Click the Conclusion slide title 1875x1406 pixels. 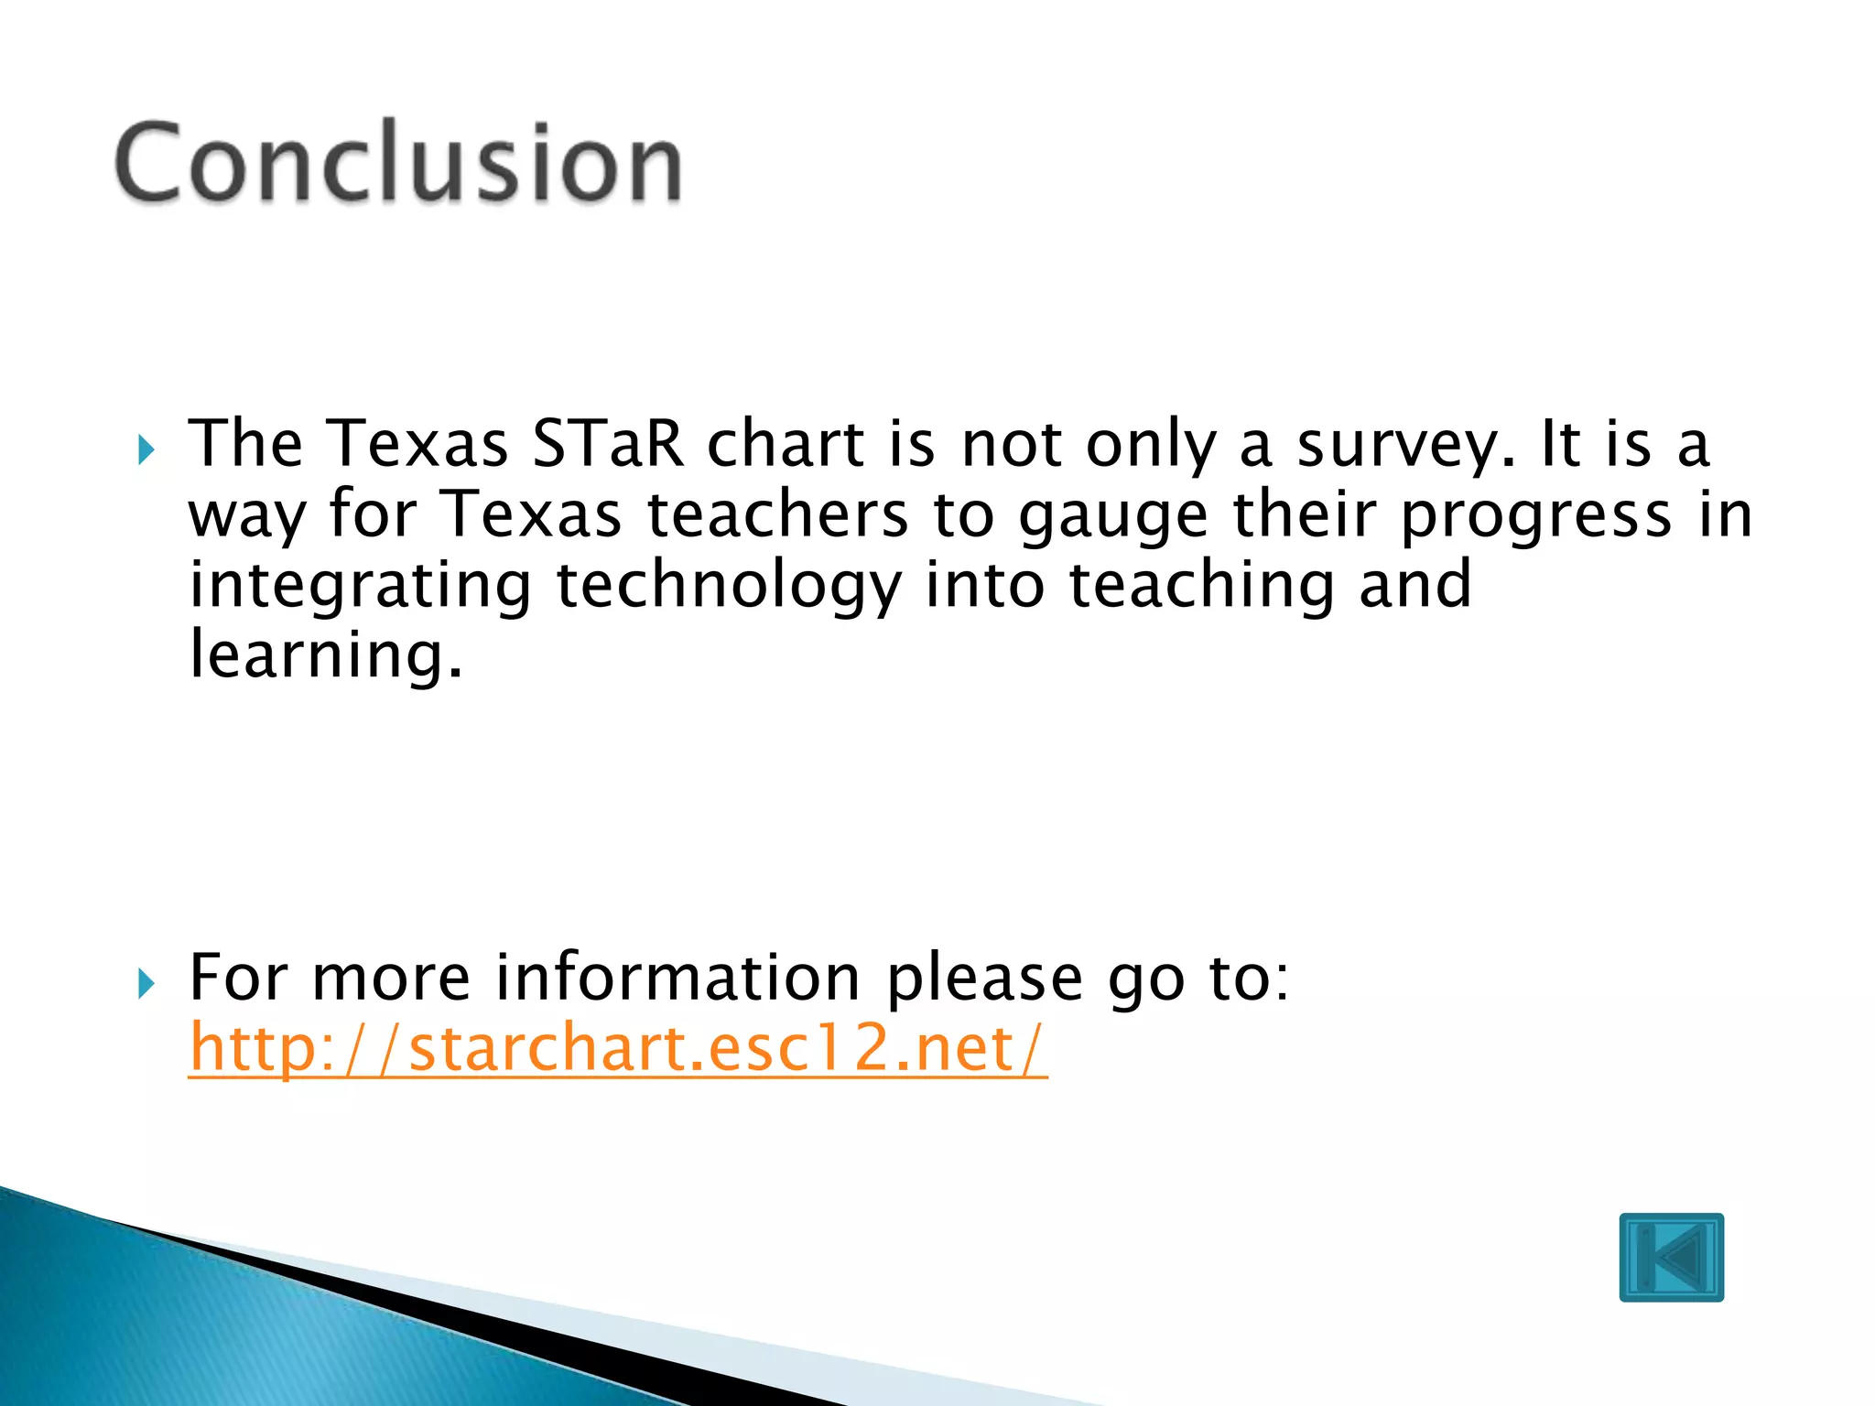coord(398,163)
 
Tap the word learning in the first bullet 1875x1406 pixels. coord(326,655)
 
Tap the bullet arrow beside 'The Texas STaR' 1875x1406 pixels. coord(146,449)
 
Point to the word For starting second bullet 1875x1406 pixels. coord(238,978)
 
